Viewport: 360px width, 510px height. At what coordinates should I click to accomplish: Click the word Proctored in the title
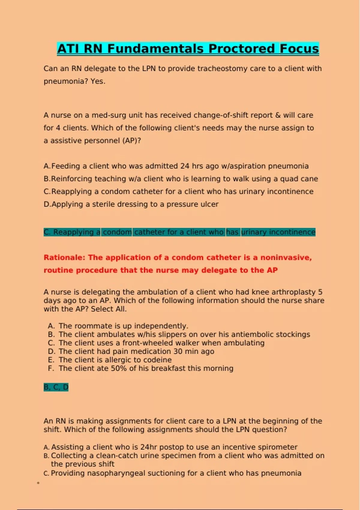tap(241, 49)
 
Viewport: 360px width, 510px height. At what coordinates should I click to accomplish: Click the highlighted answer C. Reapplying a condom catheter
tap(179, 232)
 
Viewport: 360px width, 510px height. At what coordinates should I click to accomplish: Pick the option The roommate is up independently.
tap(123, 326)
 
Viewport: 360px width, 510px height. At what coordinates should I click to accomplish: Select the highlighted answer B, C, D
tap(56, 387)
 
